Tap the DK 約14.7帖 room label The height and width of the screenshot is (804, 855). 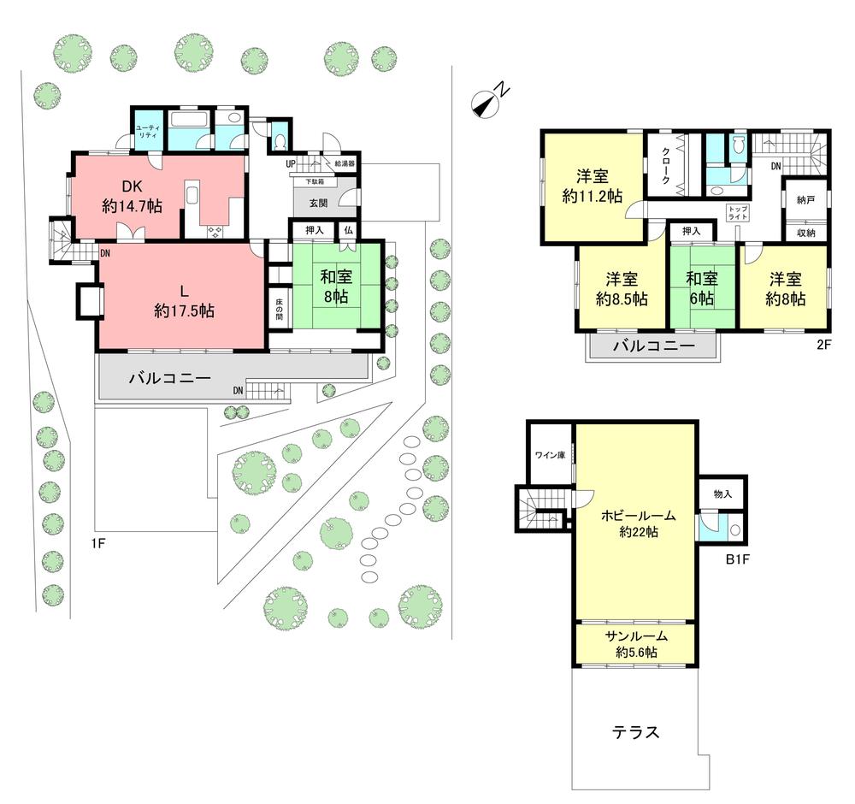[133, 195]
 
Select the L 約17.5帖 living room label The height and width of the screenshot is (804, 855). [184, 300]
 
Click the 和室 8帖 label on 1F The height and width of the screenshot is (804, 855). [334, 286]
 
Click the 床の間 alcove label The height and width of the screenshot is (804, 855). [279, 309]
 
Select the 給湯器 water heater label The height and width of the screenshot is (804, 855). [345, 163]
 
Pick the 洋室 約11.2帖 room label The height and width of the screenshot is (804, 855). [593, 187]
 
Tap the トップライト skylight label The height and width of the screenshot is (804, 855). [736, 213]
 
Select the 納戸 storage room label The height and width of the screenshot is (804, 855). [805, 199]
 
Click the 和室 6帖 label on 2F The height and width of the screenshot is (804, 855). [701, 288]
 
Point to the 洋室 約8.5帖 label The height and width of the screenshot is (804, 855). [621, 288]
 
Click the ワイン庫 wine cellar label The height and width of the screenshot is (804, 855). [550, 455]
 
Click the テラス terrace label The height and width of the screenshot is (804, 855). [635, 732]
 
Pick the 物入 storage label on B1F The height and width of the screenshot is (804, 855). [722, 494]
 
